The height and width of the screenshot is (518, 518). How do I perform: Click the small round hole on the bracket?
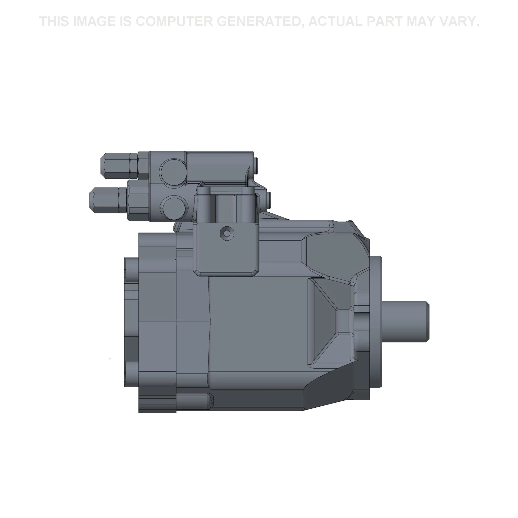(227, 233)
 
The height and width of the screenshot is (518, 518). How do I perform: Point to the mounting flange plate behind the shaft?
(375, 322)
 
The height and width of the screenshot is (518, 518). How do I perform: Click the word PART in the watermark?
(385, 21)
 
